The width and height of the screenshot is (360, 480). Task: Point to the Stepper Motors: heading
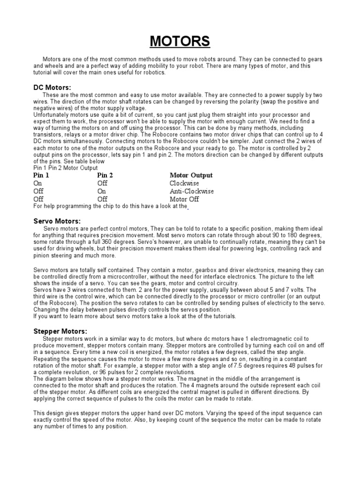pos(60,331)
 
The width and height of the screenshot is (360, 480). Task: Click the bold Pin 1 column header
pos(41,175)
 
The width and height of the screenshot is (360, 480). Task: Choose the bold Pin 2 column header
pos(105,175)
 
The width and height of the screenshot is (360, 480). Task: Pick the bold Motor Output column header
pos(191,175)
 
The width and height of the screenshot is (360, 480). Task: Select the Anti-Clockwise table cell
pos(192,191)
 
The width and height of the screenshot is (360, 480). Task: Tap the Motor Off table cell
pos(184,199)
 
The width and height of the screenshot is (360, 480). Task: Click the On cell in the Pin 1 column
pos(37,183)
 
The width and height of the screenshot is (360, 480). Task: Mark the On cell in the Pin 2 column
pos(102,191)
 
